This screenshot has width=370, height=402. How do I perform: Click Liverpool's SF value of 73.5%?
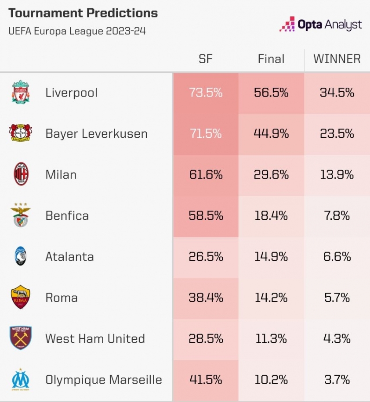click(x=206, y=93)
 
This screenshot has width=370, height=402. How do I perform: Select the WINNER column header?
click(x=337, y=59)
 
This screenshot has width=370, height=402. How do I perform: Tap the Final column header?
click(x=271, y=59)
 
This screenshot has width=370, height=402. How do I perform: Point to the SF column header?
click(x=206, y=59)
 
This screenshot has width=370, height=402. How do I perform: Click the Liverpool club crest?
click(x=20, y=92)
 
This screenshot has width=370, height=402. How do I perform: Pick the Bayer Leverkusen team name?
click(x=96, y=134)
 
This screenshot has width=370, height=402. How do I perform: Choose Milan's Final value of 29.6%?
click(x=271, y=175)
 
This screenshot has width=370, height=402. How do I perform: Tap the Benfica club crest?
click(x=20, y=215)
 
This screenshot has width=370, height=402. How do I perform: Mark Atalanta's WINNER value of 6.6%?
click(x=337, y=257)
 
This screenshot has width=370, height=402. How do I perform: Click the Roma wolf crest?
click(x=20, y=297)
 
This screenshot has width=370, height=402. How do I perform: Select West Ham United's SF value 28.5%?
click(x=206, y=339)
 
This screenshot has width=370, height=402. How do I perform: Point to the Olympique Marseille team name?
click(x=104, y=380)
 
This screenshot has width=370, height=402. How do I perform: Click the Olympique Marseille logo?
click(x=20, y=380)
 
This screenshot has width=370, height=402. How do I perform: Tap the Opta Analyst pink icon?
click(x=287, y=24)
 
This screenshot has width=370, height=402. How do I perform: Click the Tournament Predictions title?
click(x=83, y=13)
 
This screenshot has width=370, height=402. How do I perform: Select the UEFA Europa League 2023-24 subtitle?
click(x=77, y=31)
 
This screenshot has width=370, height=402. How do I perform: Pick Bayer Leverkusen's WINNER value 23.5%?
click(x=337, y=134)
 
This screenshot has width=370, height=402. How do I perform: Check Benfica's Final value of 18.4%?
click(x=271, y=216)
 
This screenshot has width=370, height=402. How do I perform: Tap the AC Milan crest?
click(x=20, y=174)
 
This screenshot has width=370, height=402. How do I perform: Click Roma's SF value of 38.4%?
click(x=206, y=298)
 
